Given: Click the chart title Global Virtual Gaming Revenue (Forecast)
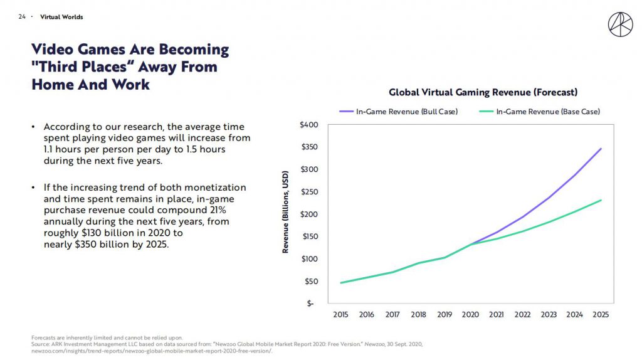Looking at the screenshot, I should click(483, 92).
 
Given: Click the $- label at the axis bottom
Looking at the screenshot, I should click(310, 304).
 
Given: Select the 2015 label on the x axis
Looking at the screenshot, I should click(341, 315).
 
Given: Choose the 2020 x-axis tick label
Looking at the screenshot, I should click(470, 315).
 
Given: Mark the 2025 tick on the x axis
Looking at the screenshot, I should click(600, 315).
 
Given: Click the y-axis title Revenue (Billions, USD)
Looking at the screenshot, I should click(286, 212).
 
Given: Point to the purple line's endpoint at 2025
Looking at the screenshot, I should click(601, 149).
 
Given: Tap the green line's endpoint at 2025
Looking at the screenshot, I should click(601, 200).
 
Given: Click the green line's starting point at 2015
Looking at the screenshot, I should click(341, 283).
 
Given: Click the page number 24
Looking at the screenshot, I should click(22, 17).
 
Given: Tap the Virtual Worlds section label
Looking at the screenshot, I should click(61, 17).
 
